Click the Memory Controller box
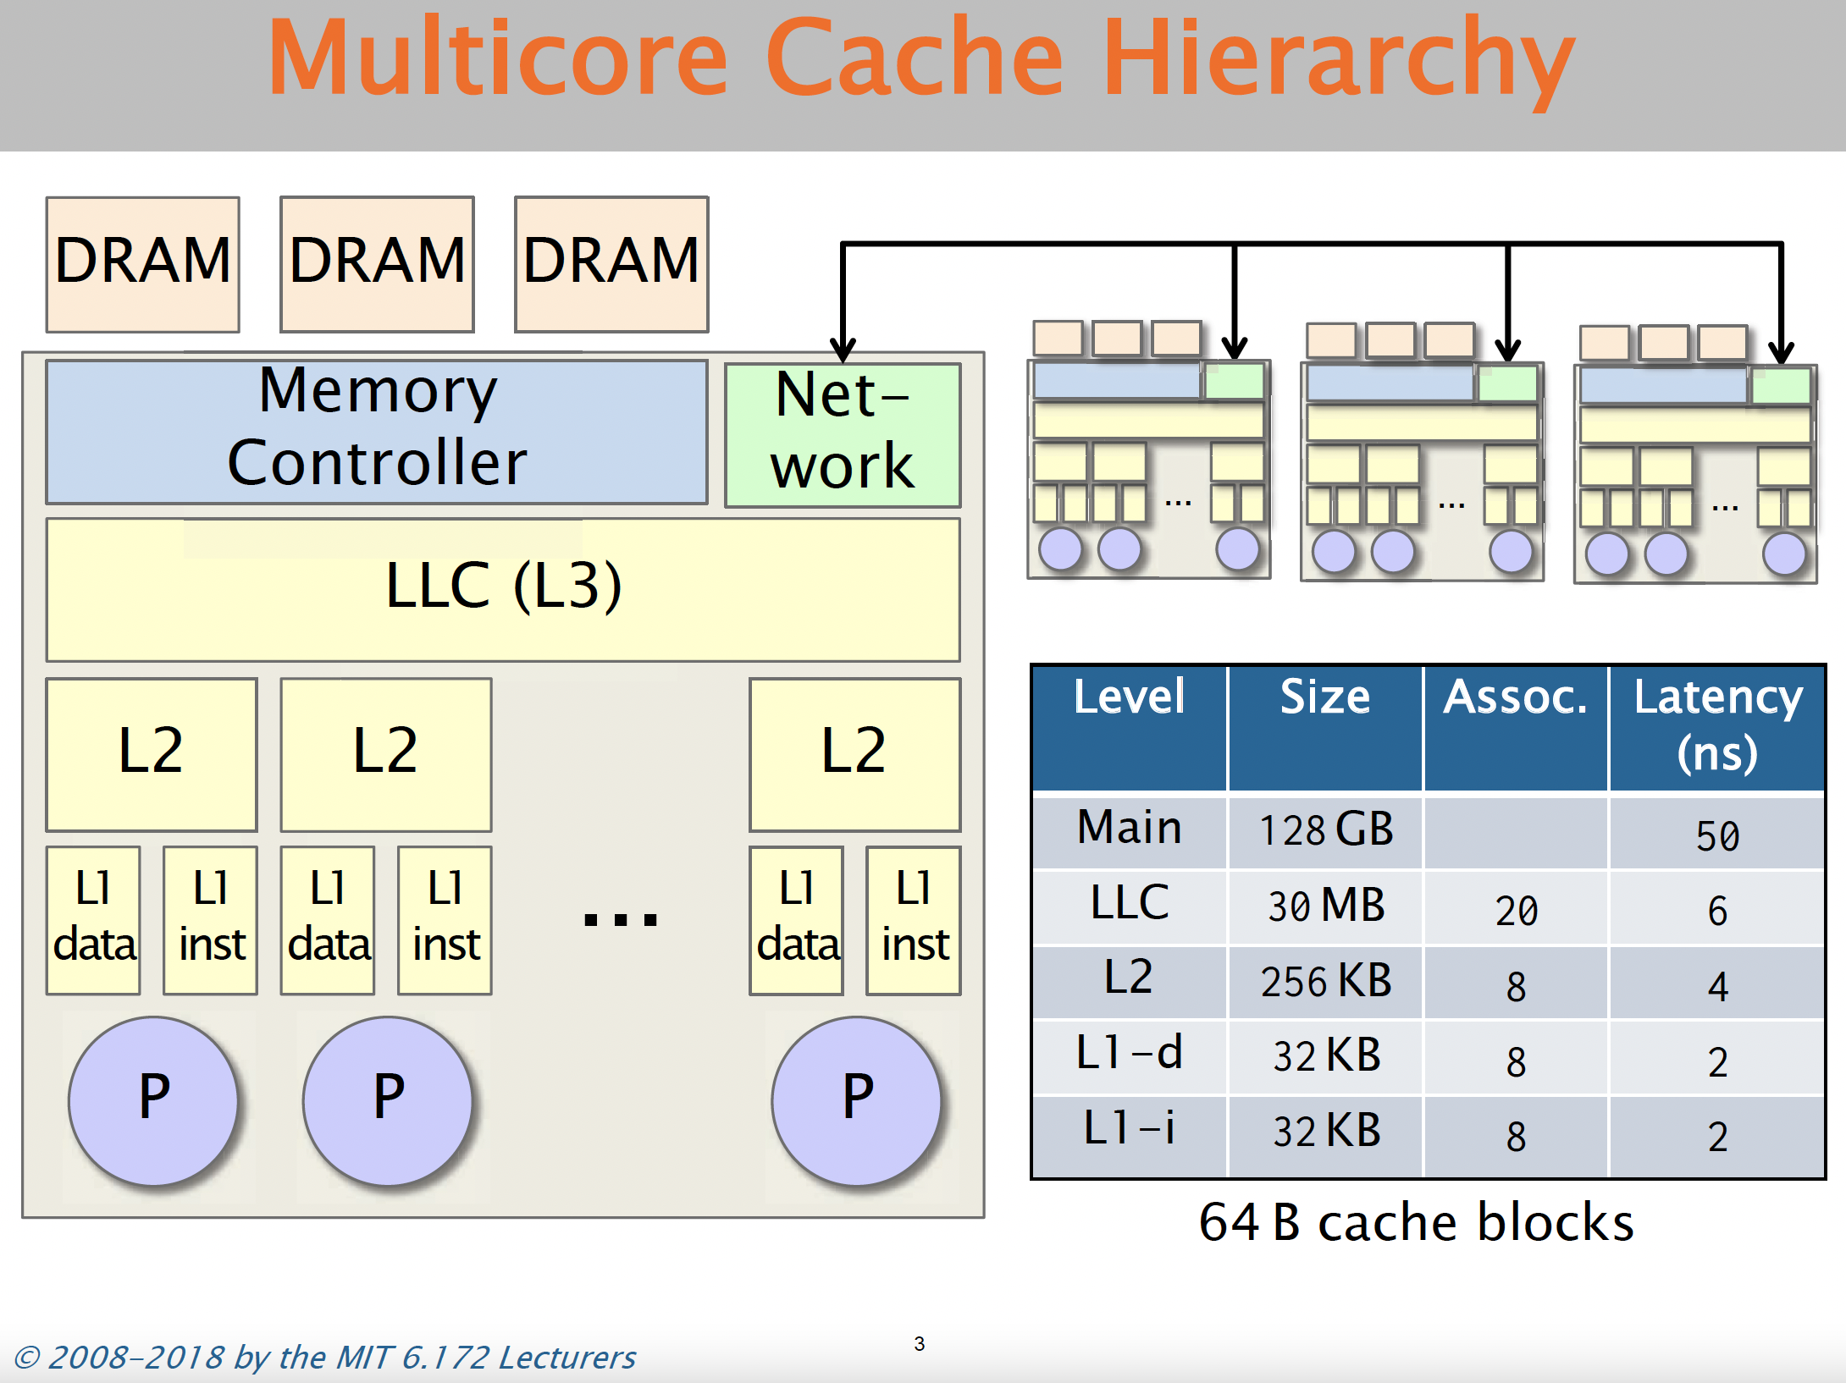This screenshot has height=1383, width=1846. click(x=377, y=432)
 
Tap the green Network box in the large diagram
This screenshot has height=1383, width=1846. click(x=843, y=435)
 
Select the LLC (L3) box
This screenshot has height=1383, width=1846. click(x=503, y=589)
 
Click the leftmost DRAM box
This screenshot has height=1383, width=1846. click(x=143, y=264)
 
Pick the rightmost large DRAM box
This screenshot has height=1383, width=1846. click(x=611, y=264)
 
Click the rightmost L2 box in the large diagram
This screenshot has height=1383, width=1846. click(x=854, y=754)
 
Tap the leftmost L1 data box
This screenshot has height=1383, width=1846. click(x=93, y=920)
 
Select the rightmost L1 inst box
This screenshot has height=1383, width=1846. click(x=914, y=920)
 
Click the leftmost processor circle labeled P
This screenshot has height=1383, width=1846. click(x=153, y=1100)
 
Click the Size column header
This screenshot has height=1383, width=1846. click(x=1324, y=697)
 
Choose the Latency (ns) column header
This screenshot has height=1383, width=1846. click(x=1717, y=725)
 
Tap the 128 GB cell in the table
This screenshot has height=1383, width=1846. click(x=1325, y=829)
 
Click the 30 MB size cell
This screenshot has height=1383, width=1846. click(x=1325, y=905)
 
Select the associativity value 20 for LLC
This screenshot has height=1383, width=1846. click(x=1516, y=911)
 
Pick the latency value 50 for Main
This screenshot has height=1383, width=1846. click(x=1717, y=836)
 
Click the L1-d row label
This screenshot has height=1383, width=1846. click(x=1129, y=1053)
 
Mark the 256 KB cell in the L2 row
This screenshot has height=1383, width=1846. click(x=1325, y=981)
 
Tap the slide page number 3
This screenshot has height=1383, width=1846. click(x=920, y=1343)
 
